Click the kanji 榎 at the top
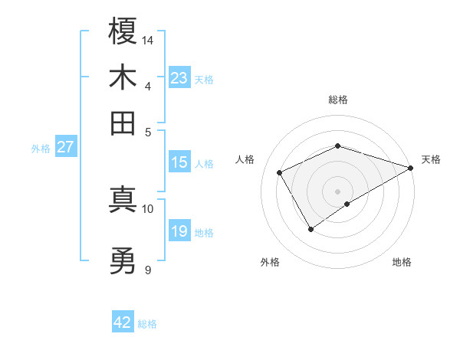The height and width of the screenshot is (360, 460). point(123,32)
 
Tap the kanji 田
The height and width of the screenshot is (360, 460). point(123,123)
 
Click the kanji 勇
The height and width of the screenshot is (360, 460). point(123,263)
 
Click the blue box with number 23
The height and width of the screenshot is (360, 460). point(179,78)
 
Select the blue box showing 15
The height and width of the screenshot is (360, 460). point(179,162)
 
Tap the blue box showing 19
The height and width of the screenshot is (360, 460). point(179,231)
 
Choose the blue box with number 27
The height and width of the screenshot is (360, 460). point(65,147)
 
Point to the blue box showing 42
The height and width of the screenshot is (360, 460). point(123,322)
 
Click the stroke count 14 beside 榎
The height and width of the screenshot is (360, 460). point(148,40)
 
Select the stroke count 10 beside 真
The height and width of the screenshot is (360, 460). point(148,208)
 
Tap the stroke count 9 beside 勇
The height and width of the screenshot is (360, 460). point(147,270)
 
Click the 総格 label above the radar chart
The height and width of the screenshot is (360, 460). point(338,100)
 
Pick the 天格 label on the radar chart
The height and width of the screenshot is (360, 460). point(431,159)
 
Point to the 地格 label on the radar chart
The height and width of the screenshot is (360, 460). point(402,262)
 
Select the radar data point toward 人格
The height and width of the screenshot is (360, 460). point(280,173)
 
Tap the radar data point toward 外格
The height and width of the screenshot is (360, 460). point(311,228)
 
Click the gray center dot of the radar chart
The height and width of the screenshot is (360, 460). point(338,191)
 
